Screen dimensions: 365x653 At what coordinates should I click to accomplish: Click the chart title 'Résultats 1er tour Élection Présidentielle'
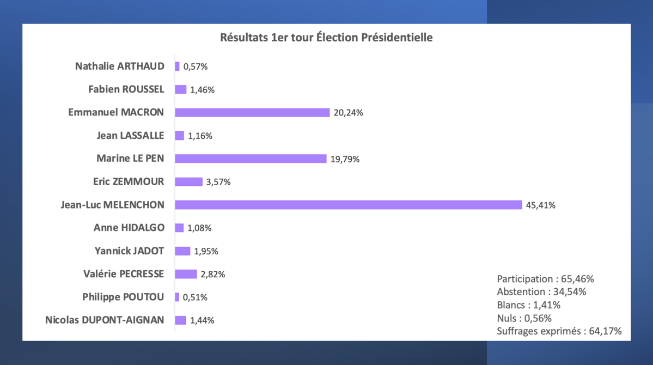pos(326,38)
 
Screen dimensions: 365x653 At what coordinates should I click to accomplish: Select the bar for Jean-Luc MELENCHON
pos(349,205)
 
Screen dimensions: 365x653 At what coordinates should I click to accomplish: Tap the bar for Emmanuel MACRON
pos(252,113)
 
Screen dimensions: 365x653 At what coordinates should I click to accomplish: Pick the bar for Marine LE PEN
pos(251,159)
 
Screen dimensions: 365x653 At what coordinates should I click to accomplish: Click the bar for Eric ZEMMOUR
pos(188,182)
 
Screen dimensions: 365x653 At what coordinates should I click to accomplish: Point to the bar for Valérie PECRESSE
pos(186,274)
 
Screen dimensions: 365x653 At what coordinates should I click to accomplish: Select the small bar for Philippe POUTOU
pos(177,297)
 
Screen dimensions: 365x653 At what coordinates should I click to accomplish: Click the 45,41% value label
pos(540,205)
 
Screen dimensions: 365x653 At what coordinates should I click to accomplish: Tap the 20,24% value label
pos(348,113)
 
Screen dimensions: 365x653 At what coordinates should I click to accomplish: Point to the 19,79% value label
pos(345,159)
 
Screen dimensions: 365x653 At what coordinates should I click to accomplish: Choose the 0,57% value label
pos(196,67)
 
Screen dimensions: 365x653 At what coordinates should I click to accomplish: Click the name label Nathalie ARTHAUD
pos(119,66)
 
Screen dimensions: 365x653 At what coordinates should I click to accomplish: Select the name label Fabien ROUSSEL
pos(126,89)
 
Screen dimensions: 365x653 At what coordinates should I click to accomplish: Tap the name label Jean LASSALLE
pos(130,136)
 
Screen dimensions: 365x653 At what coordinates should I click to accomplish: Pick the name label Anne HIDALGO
pos(129,228)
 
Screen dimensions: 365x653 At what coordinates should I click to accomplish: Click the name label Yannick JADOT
pos(129,251)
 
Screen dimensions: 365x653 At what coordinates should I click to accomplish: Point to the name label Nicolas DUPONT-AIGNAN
pos(105,320)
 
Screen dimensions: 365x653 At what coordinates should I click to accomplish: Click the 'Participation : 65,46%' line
pos(545,279)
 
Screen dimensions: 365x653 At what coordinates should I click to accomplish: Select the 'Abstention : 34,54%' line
pos(541,291)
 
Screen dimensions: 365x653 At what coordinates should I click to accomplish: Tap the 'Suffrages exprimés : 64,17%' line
pos(559,331)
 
